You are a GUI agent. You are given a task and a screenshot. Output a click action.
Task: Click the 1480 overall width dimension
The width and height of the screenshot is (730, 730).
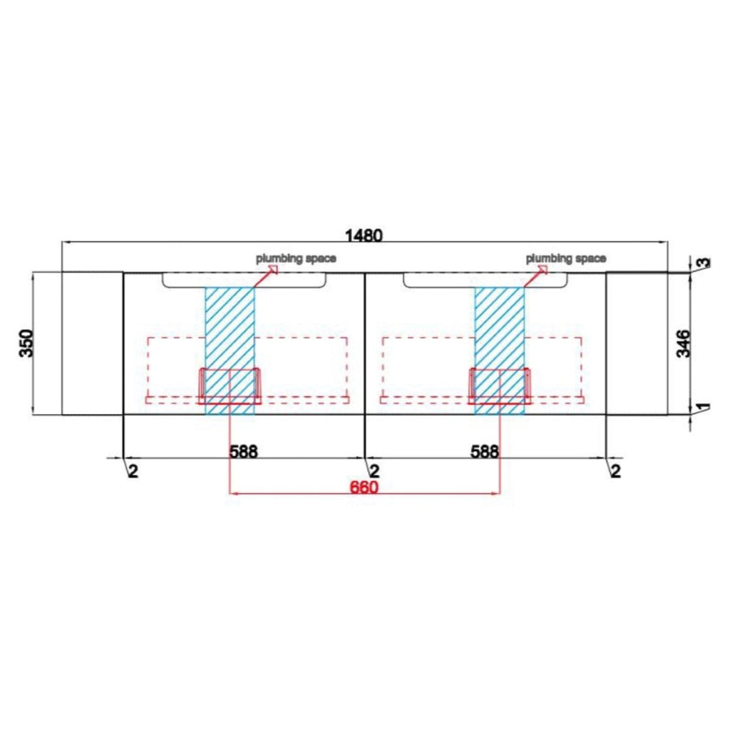tap(364, 235)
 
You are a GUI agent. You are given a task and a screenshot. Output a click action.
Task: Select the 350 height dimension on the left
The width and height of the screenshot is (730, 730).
tap(26, 343)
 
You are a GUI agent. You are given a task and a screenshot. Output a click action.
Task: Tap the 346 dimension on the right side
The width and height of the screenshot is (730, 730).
tap(682, 344)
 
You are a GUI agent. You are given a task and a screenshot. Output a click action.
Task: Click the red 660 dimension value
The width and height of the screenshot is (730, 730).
tap(364, 488)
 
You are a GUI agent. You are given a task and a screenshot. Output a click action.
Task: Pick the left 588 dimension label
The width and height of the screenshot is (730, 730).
tap(244, 451)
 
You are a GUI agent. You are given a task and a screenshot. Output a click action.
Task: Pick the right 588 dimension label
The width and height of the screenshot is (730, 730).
tap(484, 451)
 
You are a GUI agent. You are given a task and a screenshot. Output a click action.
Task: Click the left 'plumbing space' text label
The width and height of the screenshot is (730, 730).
tap(296, 258)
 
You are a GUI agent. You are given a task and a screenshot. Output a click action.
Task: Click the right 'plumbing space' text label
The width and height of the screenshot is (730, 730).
tap(566, 258)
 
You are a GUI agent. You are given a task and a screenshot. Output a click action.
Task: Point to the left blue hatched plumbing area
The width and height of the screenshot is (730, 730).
tap(230, 351)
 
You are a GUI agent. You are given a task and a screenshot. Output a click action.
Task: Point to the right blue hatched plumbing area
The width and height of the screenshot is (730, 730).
tap(500, 351)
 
